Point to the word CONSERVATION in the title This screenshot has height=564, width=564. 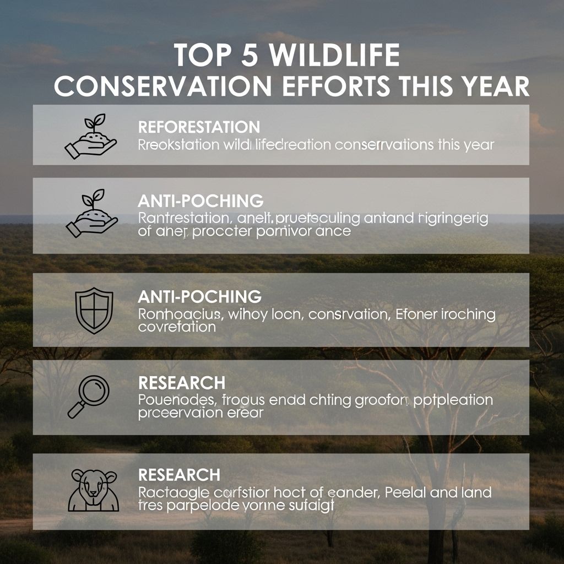(162, 87)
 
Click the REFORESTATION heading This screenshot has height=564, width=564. (199, 127)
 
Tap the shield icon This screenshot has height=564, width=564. (94, 311)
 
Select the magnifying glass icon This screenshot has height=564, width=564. (88, 396)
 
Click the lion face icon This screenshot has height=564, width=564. (93, 490)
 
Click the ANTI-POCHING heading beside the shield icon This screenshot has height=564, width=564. (199, 296)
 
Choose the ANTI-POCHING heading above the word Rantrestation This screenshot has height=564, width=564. (200, 200)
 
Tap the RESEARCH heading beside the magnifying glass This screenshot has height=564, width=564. (181, 383)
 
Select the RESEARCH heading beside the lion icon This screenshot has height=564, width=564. (179, 474)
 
